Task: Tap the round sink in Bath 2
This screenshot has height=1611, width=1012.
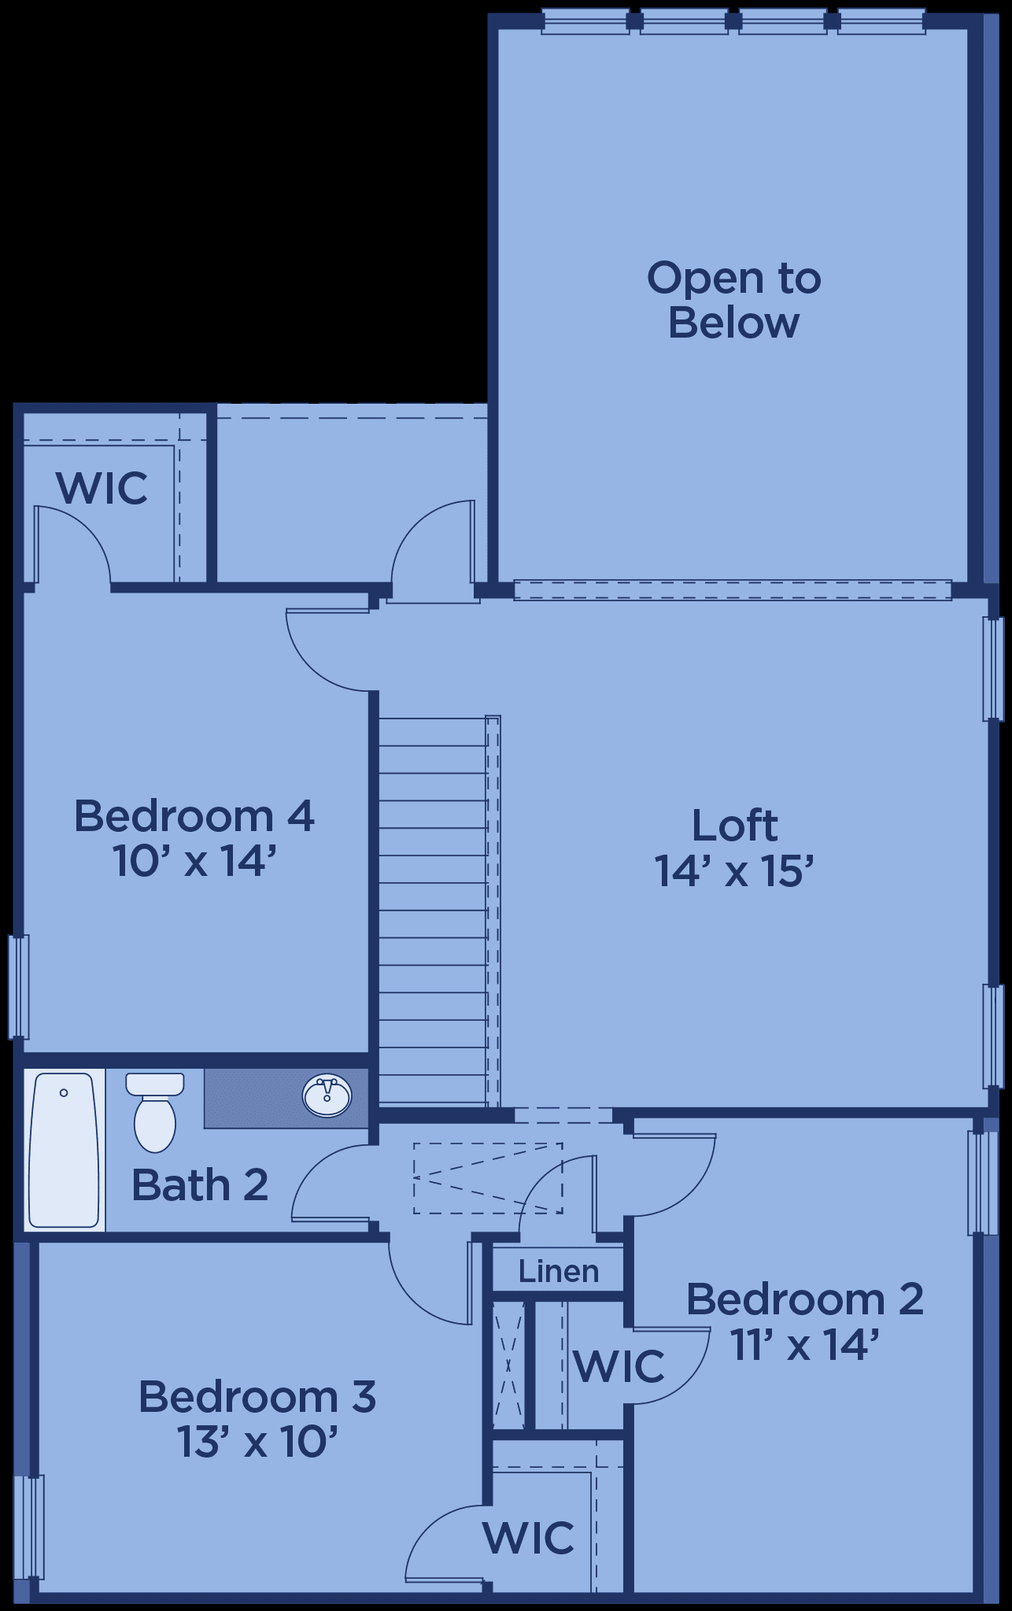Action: [327, 1095]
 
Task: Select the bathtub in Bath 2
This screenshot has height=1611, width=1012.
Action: [64, 1149]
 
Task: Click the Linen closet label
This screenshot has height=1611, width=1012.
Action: [559, 1270]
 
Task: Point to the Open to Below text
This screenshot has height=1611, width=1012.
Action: [733, 301]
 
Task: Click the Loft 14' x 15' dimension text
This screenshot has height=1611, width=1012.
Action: [733, 871]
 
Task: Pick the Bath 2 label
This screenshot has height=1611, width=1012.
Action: [200, 1184]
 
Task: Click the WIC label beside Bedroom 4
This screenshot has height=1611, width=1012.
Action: [102, 488]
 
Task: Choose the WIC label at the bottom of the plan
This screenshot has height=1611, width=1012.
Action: [529, 1536]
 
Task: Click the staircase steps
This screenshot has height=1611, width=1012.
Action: [433, 910]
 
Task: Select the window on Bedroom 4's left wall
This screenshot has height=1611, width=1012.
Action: [19, 986]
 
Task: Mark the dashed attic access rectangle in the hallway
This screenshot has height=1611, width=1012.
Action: [488, 1178]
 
